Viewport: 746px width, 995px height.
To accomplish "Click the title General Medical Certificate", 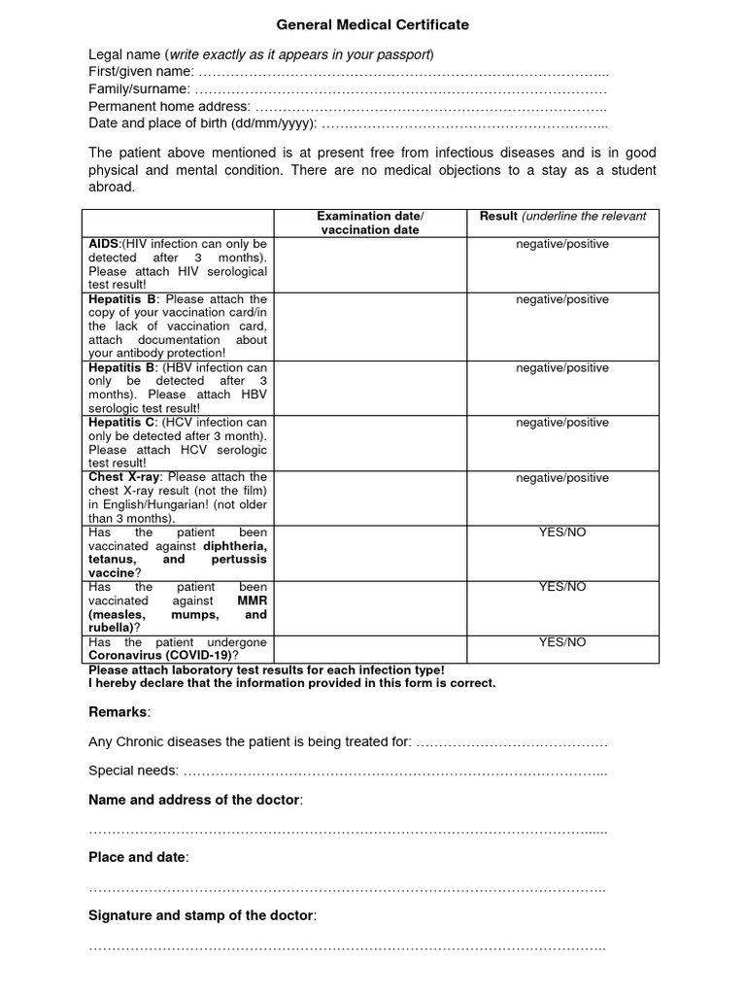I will pyautogui.click(x=373, y=24).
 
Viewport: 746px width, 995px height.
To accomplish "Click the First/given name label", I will pyautogui.click(x=141, y=71).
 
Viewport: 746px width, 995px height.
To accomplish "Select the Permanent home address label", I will pyautogui.click(x=169, y=106).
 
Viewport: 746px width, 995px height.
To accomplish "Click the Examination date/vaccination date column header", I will pyautogui.click(x=370, y=223).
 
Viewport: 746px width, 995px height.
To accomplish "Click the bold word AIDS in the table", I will pyautogui.click(x=103, y=244).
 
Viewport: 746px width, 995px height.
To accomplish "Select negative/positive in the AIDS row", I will pyautogui.click(x=562, y=244).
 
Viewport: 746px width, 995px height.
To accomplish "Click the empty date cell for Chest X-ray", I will pyautogui.click(x=370, y=497).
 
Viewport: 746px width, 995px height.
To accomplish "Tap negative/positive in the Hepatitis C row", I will pyautogui.click(x=562, y=423).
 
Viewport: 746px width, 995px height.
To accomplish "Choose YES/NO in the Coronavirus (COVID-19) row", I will pyautogui.click(x=562, y=642).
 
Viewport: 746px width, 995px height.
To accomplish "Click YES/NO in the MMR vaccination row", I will pyautogui.click(x=562, y=587).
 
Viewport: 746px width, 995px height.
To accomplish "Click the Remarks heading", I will pyautogui.click(x=119, y=712).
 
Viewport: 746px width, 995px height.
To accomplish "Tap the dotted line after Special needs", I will pyautogui.click(x=394, y=771).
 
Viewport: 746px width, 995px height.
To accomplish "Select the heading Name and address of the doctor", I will pyautogui.click(x=195, y=800).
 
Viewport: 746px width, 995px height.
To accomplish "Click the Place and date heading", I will pyautogui.click(x=139, y=857).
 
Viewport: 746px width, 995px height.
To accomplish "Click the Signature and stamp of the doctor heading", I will pyautogui.click(x=202, y=915).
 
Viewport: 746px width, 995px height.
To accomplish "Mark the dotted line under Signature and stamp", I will pyautogui.click(x=347, y=946).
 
